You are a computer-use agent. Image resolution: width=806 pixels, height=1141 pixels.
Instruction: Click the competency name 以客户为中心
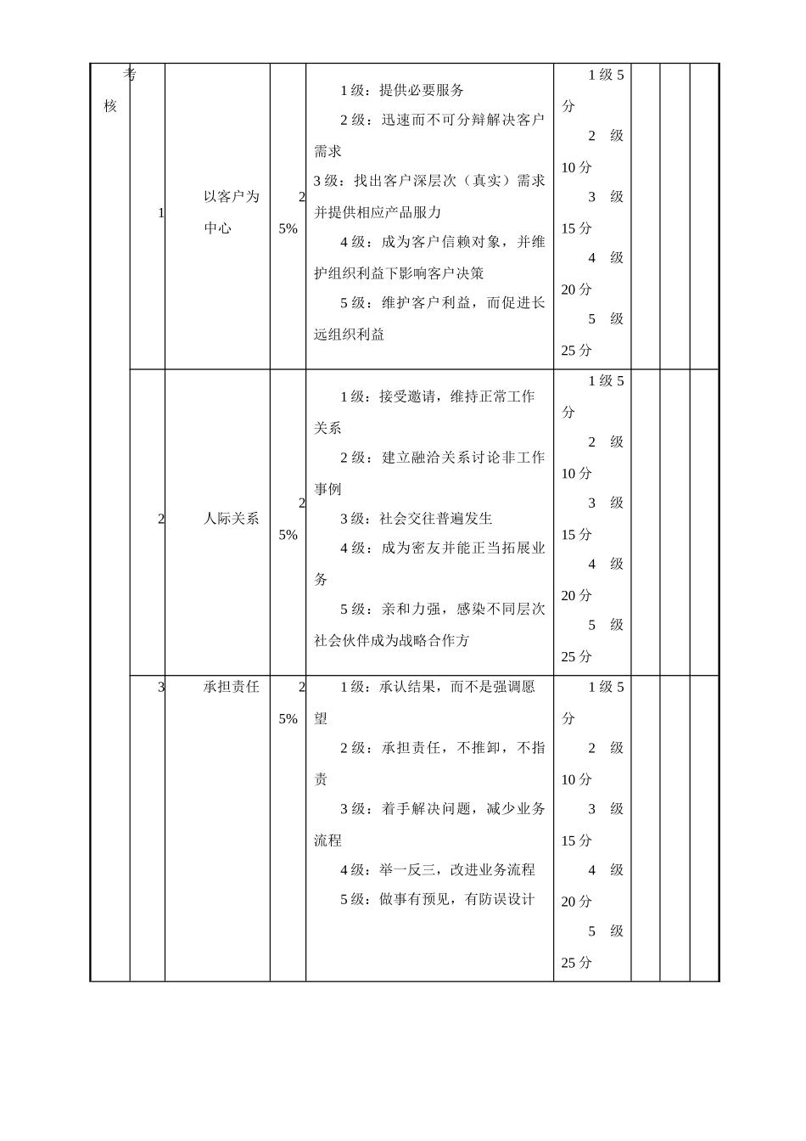(x=231, y=212)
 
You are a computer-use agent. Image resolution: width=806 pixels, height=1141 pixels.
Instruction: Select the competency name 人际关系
(x=231, y=519)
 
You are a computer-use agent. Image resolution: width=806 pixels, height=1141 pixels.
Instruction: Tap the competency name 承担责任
(x=231, y=687)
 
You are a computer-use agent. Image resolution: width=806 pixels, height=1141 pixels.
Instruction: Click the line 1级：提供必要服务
(x=402, y=91)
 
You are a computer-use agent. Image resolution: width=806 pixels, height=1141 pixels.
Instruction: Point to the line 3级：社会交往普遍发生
(x=416, y=519)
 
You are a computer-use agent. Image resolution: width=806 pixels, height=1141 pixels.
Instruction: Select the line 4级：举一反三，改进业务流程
(x=438, y=870)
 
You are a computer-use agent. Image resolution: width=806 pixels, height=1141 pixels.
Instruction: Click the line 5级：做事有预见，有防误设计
(x=438, y=900)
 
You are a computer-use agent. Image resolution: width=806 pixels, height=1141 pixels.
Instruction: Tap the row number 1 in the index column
(x=160, y=213)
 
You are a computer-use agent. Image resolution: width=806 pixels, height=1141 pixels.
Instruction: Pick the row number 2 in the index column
(x=160, y=519)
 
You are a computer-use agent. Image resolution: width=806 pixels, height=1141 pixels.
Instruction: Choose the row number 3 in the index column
(x=160, y=687)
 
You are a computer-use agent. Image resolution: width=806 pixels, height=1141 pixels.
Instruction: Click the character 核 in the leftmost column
(x=110, y=106)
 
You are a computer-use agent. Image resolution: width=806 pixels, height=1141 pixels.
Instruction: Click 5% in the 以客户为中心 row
(x=288, y=228)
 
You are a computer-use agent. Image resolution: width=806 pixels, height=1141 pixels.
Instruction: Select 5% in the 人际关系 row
(x=288, y=535)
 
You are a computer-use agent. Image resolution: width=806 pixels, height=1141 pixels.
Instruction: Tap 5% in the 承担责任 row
(x=288, y=718)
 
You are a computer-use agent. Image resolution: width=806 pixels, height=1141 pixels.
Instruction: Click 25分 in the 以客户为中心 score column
(x=576, y=351)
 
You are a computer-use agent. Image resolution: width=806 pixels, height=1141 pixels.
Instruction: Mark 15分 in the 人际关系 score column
(x=576, y=535)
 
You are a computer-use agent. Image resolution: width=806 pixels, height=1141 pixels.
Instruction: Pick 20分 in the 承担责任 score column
(x=576, y=902)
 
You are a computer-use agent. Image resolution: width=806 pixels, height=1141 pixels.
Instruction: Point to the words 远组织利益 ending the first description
(x=349, y=334)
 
